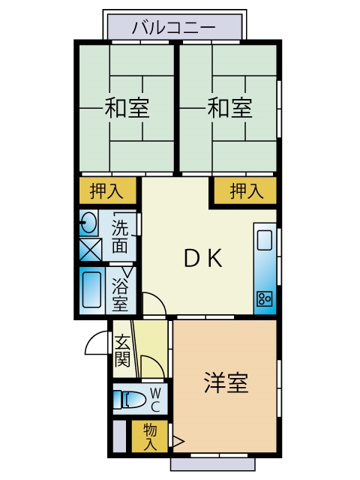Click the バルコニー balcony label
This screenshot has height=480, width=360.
click(174, 27)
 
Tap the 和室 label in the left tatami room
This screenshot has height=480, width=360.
click(127, 108)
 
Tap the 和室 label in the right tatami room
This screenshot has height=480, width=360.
click(230, 108)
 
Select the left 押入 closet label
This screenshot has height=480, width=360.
click(106, 191)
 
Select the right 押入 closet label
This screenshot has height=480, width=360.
click(247, 191)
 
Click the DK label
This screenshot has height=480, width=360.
click(203, 258)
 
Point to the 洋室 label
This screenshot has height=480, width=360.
click(226, 382)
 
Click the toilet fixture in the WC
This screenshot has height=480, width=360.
click(129, 400)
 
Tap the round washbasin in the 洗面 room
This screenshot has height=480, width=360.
click(88, 223)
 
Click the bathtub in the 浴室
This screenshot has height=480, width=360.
click(91, 290)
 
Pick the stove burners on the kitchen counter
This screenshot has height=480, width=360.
click(264, 299)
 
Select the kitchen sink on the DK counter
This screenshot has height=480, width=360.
click(265, 240)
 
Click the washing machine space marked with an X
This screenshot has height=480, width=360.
click(90, 250)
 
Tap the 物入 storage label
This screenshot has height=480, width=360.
click(150, 436)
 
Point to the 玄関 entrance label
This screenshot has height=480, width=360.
click(122, 352)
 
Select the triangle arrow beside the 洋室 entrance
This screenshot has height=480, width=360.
click(178, 442)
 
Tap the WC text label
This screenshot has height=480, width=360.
click(155, 400)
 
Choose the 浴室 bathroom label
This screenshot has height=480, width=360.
click(120, 294)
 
